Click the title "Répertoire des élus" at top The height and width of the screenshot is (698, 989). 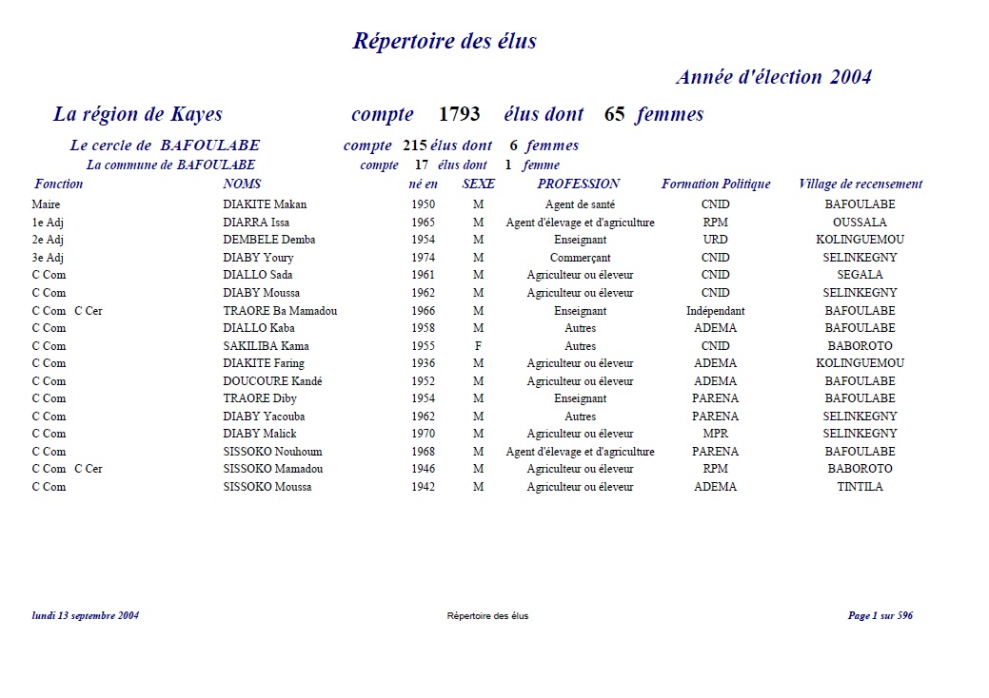(x=445, y=41)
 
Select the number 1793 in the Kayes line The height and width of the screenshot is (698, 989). (x=459, y=115)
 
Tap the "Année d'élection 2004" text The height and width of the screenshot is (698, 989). (x=773, y=77)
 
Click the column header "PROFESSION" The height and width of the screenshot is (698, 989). (x=578, y=184)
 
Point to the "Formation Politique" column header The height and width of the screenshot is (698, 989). (x=716, y=184)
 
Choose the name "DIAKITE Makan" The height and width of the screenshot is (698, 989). (x=265, y=204)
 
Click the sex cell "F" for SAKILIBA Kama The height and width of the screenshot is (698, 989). (x=478, y=346)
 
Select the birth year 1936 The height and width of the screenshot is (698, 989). (x=424, y=363)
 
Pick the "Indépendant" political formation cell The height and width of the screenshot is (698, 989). (x=715, y=311)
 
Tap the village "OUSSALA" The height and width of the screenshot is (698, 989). (x=860, y=223)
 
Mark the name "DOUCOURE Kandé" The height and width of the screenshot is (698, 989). (x=272, y=381)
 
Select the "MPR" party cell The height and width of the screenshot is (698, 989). (x=715, y=434)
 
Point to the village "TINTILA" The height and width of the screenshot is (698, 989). (x=860, y=487)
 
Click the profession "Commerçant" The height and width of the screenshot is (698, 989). (x=580, y=258)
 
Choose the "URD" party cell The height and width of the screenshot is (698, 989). (x=715, y=240)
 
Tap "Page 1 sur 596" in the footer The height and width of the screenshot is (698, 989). (x=880, y=616)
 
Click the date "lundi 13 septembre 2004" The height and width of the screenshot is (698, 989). (x=86, y=616)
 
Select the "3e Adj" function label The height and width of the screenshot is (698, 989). (x=48, y=258)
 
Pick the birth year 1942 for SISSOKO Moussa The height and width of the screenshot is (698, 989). (x=424, y=487)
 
